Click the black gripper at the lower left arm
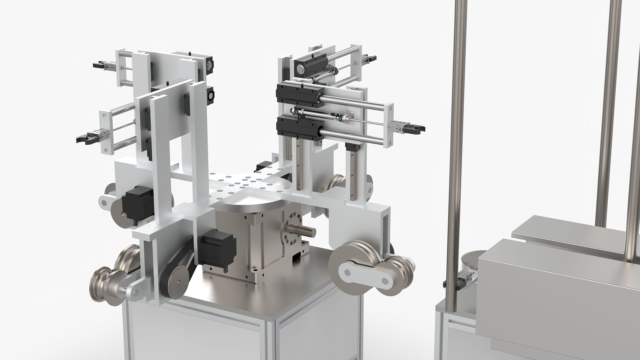tap(85, 138)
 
